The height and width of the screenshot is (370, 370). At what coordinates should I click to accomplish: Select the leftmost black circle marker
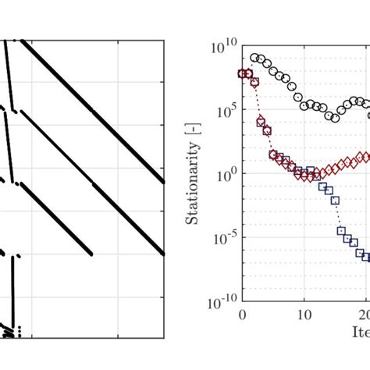pos(254,58)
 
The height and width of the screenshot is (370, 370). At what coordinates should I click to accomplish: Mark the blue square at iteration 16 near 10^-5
pos(341,230)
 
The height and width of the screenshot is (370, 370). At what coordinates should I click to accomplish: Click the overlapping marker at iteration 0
pos(242,73)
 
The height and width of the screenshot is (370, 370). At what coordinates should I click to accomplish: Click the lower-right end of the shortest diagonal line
pos(91,254)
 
